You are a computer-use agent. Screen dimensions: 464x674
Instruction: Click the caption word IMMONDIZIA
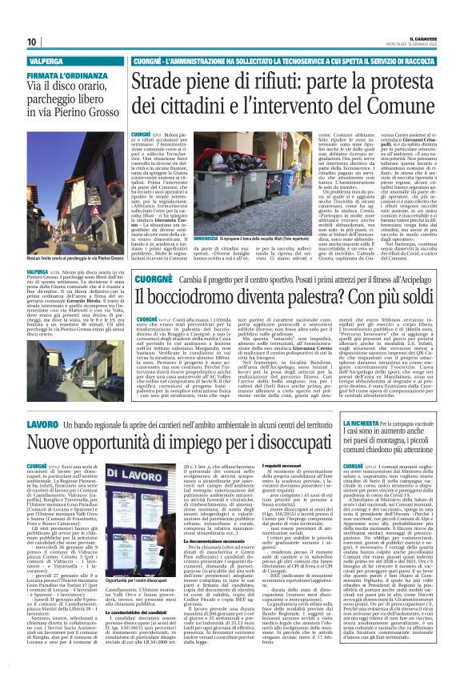206,216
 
